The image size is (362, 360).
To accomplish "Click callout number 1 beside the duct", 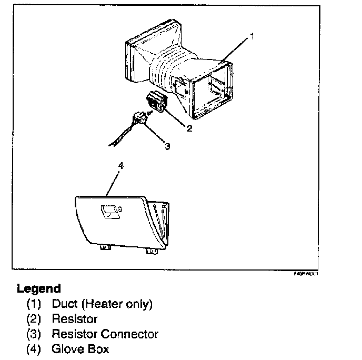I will [252, 36].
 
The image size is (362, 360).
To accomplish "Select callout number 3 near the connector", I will [167, 147].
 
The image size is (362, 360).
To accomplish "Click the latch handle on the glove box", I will [110, 212].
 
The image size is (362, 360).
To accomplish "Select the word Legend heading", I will [38, 288].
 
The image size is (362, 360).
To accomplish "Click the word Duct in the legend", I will [64, 304].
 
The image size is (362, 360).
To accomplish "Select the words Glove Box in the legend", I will [80, 349].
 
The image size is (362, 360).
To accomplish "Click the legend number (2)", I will [34, 319].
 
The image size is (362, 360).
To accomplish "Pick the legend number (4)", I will [34, 349].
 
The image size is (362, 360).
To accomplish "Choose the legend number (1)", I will [34, 304].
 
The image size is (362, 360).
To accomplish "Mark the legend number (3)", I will [34, 334].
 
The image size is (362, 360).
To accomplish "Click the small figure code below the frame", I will [306, 274].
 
